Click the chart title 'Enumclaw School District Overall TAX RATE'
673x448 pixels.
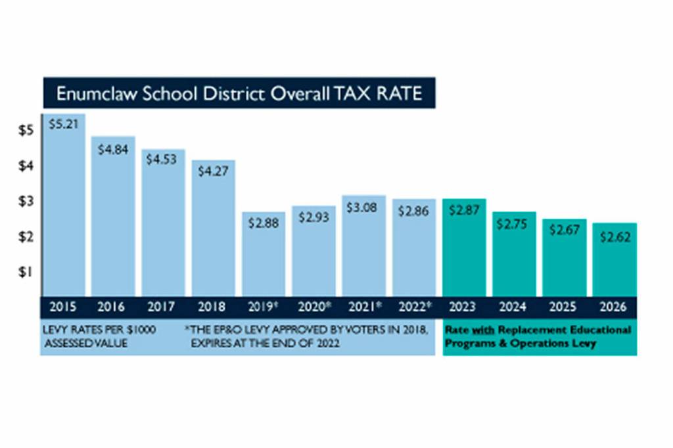click(239, 93)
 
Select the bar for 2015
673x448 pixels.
click(66, 210)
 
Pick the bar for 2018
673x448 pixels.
click(214, 230)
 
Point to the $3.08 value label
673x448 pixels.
click(363, 209)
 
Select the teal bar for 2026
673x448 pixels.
click(615, 263)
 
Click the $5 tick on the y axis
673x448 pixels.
click(26, 131)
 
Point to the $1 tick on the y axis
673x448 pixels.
click(26, 272)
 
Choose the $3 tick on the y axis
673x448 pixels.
click(26, 202)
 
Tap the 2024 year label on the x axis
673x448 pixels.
click(514, 306)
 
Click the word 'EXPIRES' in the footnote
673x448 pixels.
click(211, 344)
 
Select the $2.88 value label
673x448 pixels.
click(264, 223)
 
